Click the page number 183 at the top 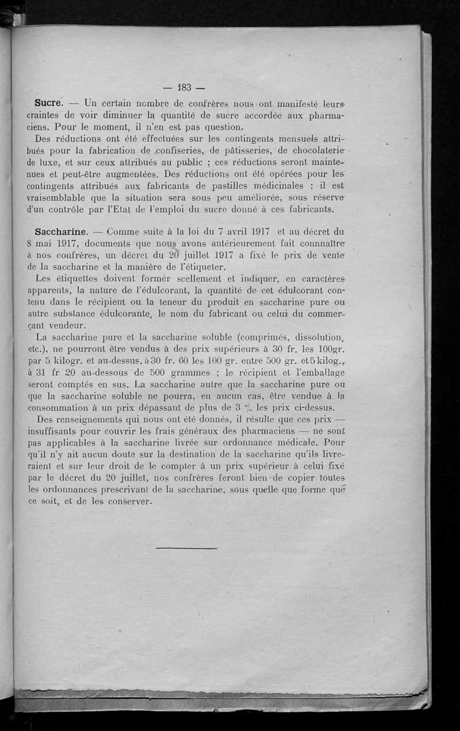click(184, 88)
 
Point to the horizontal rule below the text click(186, 548)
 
